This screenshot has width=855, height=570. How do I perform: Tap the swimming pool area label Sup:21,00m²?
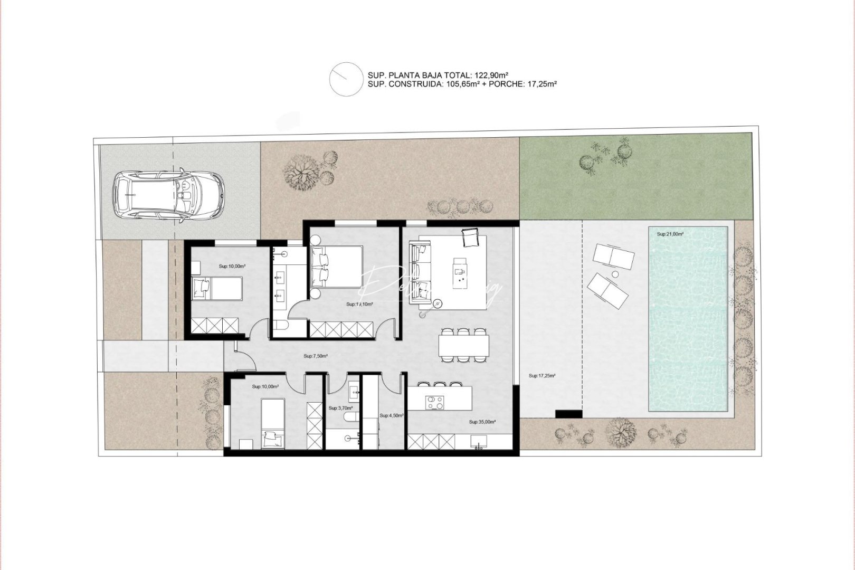670,234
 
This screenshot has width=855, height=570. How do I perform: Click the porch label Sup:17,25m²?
542,376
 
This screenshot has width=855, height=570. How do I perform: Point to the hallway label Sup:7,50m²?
316,356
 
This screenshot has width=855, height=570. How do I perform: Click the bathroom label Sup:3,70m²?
340,408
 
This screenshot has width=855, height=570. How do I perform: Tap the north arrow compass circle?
345,79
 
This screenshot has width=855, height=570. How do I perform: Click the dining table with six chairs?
463,346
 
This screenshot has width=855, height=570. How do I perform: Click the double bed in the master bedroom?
337,267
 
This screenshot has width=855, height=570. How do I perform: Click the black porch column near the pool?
568,414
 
